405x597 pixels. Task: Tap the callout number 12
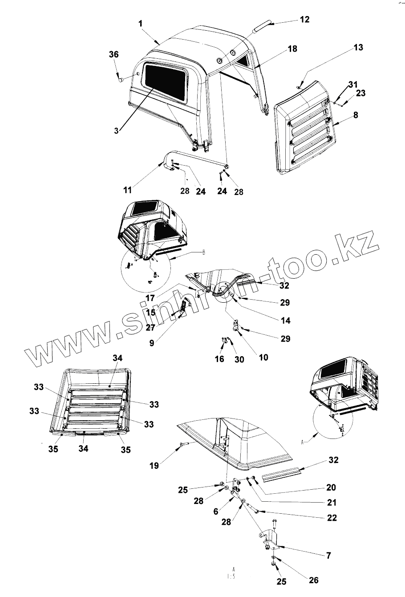tap(304, 20)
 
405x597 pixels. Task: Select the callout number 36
tap(113, 54)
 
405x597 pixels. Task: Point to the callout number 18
tap(292, 49)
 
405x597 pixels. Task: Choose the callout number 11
tap(128, 190)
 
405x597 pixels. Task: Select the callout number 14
tap(285, 321)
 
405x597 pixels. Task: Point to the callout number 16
tap(219, 359)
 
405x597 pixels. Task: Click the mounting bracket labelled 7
tap(269, 539)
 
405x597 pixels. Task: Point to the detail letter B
tap(204, 252)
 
